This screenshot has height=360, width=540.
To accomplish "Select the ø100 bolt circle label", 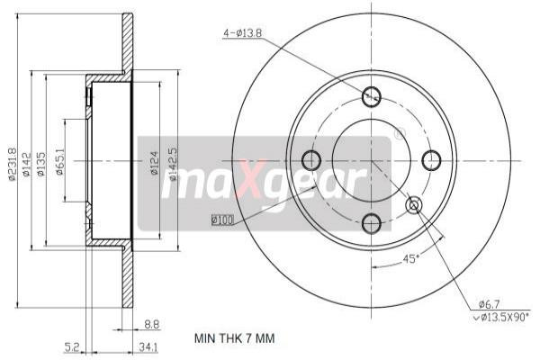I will (221, 218).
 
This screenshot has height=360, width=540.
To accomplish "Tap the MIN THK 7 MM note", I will (235, 338).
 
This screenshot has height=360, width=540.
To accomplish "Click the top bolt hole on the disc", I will (371, 97).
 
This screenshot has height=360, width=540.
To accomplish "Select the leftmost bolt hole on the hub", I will (310, 160).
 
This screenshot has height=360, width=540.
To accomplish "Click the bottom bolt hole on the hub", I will (372, 220).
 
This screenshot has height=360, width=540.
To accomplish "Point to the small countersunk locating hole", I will (414, 205).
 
